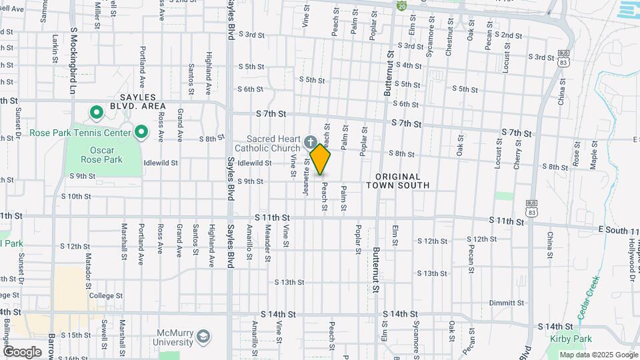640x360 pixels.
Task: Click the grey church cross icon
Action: [310, 141]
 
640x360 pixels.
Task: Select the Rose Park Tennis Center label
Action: [80, 133]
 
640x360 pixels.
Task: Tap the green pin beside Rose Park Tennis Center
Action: [141, 133]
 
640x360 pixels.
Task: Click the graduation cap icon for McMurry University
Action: [203, 338]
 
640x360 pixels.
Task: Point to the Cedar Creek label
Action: [589, 297]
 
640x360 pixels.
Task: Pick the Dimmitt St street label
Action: [489, 303]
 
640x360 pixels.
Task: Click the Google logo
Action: [23, 351]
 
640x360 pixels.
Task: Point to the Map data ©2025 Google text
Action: [598, 355]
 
